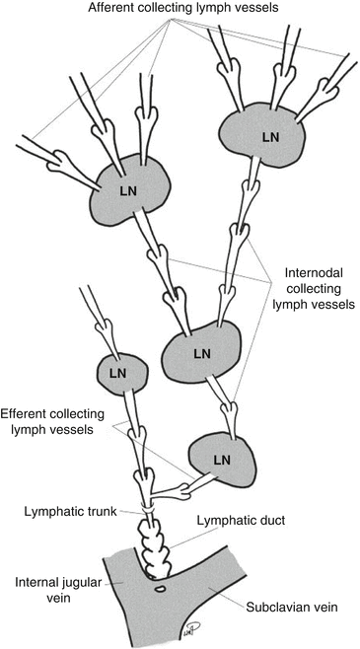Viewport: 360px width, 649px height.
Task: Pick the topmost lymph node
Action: click(259, 132)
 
